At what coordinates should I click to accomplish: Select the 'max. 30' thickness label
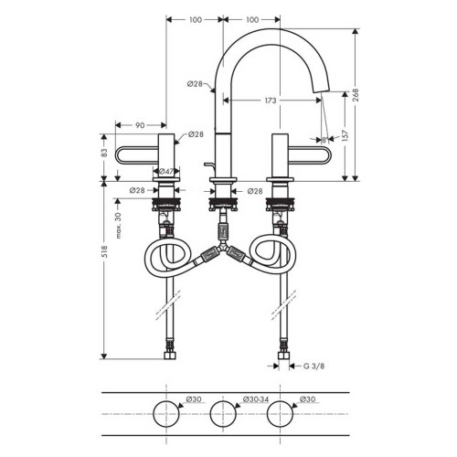tap(118, 221)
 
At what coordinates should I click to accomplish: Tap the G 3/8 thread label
tap(314, 367)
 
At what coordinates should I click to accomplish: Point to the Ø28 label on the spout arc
tap(195, 84)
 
